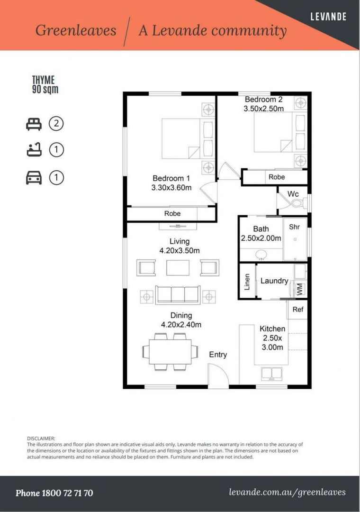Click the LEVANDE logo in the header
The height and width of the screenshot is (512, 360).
click(328, 16)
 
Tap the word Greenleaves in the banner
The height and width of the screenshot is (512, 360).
click(76, 30)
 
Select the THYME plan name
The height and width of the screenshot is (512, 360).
click(44, 80)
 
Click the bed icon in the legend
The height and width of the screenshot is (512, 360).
click(34, 124)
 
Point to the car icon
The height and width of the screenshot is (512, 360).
click(34, 178)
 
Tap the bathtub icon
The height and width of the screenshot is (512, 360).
click(34, 150)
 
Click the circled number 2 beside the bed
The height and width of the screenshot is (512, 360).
click(56, 123)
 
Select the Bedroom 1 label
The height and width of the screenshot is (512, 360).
click(171, 178)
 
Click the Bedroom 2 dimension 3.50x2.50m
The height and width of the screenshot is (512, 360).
click(263, 109)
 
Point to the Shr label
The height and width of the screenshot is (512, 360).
click(294, 227)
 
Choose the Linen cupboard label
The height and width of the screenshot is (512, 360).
click(247, 282)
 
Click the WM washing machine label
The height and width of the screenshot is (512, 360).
click(300, 289)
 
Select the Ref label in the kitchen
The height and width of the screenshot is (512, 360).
click(297, 309)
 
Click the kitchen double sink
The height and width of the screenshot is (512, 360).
click(271, 374)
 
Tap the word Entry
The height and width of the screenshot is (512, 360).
click(218, 355)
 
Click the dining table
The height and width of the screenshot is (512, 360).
click(171, 352)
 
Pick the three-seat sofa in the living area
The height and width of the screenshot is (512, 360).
click(178, 295)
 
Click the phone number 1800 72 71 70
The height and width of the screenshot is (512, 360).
click(67, 493)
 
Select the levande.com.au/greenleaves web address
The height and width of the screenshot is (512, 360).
click(287, 493)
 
